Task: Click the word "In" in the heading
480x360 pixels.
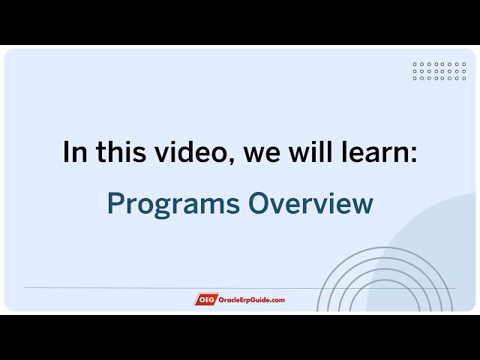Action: (73, 152)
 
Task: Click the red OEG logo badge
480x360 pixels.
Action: (205, 300)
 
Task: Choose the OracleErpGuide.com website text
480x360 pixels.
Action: (251, 300)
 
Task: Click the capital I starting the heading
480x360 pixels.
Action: (66, 152)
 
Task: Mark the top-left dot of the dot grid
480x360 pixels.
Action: (415, 64)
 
